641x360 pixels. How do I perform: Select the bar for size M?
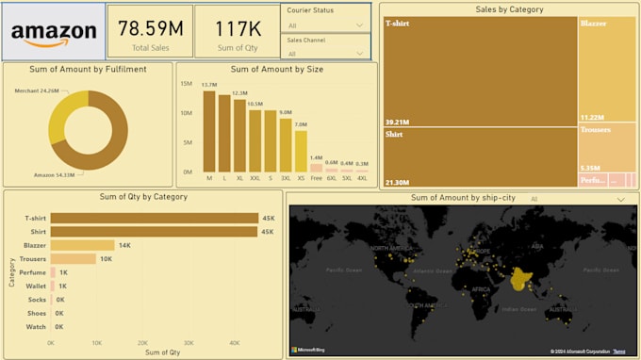point(209,131)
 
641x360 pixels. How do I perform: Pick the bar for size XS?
point(301,151)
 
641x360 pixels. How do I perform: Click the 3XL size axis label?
point(286,178)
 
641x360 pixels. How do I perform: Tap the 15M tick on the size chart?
point(186,83)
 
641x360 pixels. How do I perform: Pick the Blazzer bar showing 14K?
point(82,245)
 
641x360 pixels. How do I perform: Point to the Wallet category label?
point(36,286)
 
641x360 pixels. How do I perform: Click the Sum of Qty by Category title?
point(143,197)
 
